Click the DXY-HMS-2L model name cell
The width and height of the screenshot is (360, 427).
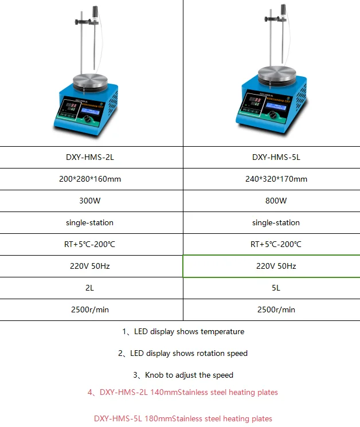[91, 157]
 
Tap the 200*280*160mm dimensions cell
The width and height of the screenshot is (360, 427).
[91, 179]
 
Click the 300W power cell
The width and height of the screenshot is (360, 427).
[91, 201]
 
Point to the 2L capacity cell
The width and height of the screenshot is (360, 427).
[91, 288]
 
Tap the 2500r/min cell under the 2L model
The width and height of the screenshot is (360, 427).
[91, 310]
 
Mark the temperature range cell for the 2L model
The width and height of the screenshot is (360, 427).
[91, 244]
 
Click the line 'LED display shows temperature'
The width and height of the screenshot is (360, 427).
[183, 331]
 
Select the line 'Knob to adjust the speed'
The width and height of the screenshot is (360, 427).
[183, 375]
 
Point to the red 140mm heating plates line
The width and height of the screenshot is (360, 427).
[183, 392]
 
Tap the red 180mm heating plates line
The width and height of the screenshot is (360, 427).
[183, 418]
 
